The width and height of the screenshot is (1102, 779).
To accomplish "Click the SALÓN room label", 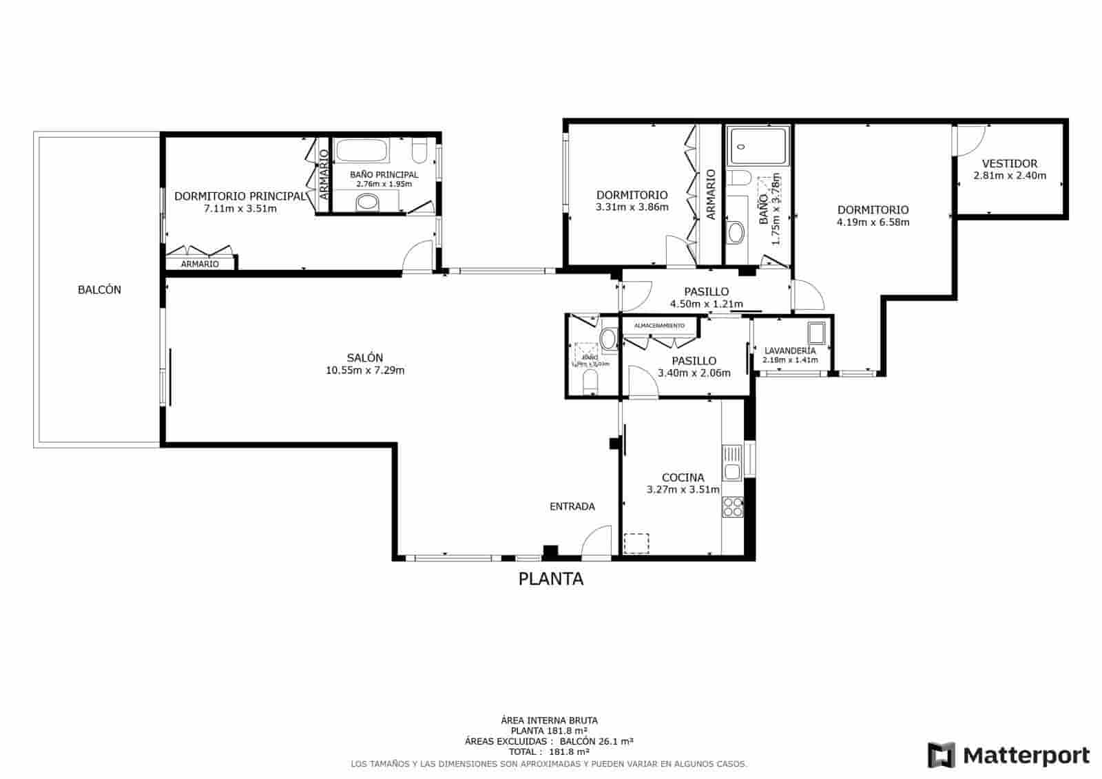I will click(364, 357).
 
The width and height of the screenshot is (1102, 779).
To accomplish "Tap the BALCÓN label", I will click(99, 290).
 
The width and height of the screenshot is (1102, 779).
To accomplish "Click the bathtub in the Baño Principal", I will click(362, 151).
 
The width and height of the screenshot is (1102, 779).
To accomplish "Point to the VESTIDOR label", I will click(1009, 164).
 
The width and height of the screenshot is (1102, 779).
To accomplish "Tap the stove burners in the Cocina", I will click(732, 507).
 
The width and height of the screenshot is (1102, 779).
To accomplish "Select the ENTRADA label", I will click(572, 506).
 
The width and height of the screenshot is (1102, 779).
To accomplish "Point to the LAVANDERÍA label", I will click(790, 351).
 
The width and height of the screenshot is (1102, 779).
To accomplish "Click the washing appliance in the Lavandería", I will click(817, 333).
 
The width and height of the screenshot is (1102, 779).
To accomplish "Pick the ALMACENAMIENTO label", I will click(659, 325).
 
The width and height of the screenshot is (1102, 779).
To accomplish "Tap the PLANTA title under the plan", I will click(550, 579).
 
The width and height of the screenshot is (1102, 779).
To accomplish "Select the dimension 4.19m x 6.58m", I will click(873, 222).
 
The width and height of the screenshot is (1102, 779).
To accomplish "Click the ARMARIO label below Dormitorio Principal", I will click(200, 264).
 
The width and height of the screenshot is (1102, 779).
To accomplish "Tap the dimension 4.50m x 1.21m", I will click(706, 304).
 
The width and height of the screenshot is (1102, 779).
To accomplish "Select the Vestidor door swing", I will click(964, 142).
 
